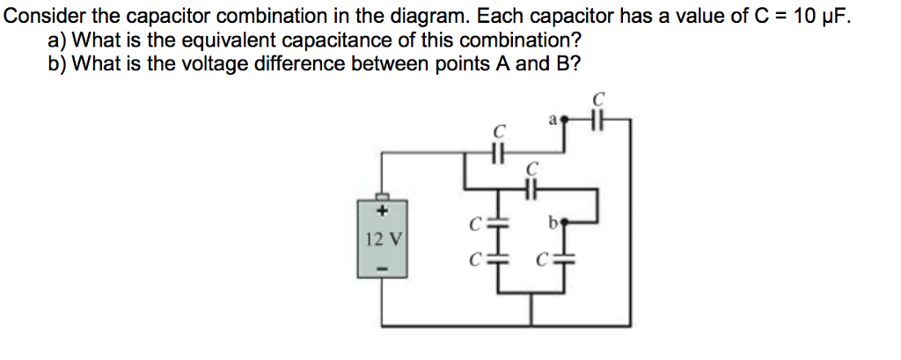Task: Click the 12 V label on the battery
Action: click(x=382, y=238)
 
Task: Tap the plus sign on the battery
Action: click(x=382, y=211)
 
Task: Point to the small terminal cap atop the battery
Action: click(x=382, y=195)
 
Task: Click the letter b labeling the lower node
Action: click(x=552, y=223)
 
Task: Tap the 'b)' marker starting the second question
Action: click(x=58, y=63)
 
